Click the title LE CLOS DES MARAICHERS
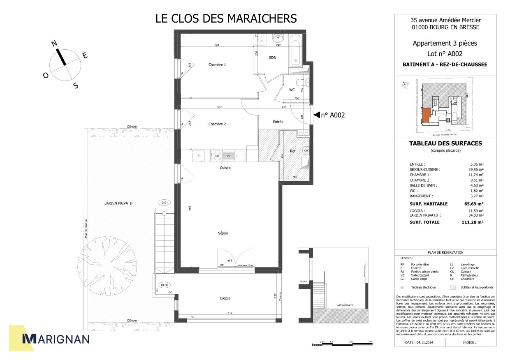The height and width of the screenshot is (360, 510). click(226, 18)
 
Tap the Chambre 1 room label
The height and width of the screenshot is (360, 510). click(217, 65)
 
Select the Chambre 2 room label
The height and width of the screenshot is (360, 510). click(217, 124)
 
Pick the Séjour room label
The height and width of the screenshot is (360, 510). click(223, 233)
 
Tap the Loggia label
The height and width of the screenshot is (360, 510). click(225, 298)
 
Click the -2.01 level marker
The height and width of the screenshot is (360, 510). click(164, 203)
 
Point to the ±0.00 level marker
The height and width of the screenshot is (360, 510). click(165, 285)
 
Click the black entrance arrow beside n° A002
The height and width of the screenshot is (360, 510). click(316, 115)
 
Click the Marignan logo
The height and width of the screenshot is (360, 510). click(56, 339)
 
